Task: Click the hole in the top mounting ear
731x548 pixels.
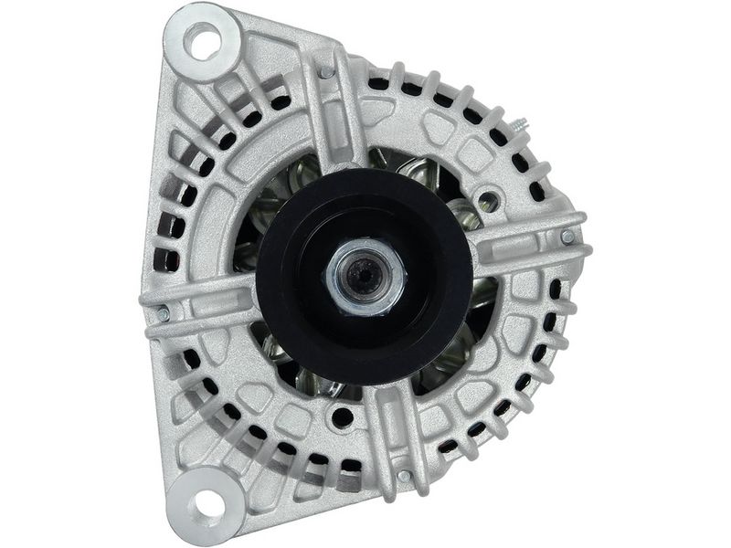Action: (202, 40)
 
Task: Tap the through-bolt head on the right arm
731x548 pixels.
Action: (567, 237)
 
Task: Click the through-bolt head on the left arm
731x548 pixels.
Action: (164, 313)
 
